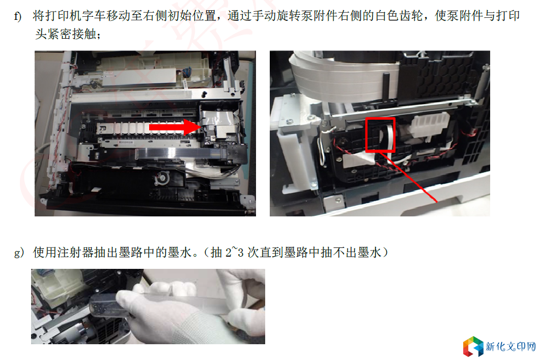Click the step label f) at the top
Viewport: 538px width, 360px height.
tap(17, 16)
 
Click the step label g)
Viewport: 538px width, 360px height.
tap(19, 253)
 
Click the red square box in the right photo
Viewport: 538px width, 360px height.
tap(380, 134)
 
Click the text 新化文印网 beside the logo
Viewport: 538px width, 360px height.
tap(511, 347)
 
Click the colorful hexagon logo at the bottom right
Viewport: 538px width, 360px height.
tap(473, 346)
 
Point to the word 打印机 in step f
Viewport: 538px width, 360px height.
tap(63, 16)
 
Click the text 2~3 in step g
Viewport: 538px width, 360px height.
tap(235, 253)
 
